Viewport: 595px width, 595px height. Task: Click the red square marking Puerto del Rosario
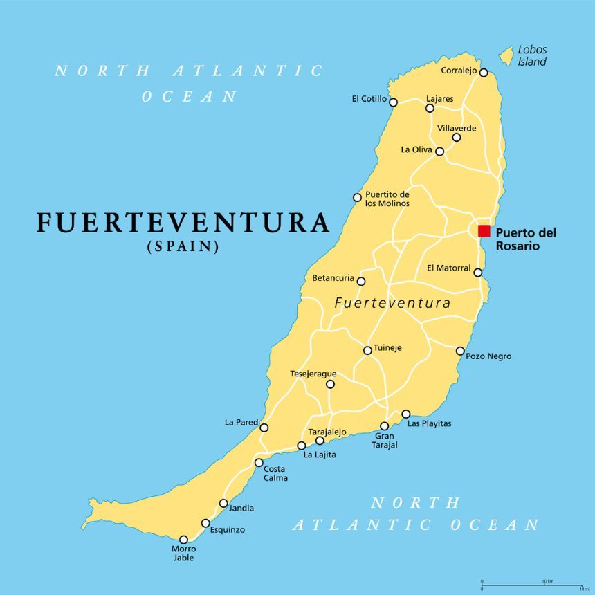tap(484, 231)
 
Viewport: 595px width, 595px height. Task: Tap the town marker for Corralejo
tap(484, 73)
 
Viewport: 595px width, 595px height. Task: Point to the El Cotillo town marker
tap(393, 102)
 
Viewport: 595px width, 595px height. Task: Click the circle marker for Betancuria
tap(360, 280)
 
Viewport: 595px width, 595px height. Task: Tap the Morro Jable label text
tap(183, 553)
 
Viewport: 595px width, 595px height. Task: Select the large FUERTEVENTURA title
tap(183, 223)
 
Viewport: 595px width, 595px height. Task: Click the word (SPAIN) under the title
tap(183, 246)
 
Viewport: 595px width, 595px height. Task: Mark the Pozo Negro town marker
tap(460, 351)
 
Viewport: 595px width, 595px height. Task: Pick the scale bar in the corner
tap(529, 585)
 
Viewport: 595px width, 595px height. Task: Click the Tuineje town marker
tap(367, 350)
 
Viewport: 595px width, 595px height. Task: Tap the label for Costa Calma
tap(275, 473)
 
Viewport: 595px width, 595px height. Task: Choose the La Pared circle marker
tap(264, 428)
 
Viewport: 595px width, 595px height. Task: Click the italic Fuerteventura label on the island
tap(392, 303)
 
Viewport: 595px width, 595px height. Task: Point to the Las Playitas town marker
tap(406, 414)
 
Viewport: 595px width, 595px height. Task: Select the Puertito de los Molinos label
tap(387, 199)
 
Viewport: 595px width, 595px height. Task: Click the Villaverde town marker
tap(457, 137)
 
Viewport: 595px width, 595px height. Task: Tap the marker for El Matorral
tap(478, 273)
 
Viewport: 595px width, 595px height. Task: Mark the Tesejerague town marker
tap(330, 384)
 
